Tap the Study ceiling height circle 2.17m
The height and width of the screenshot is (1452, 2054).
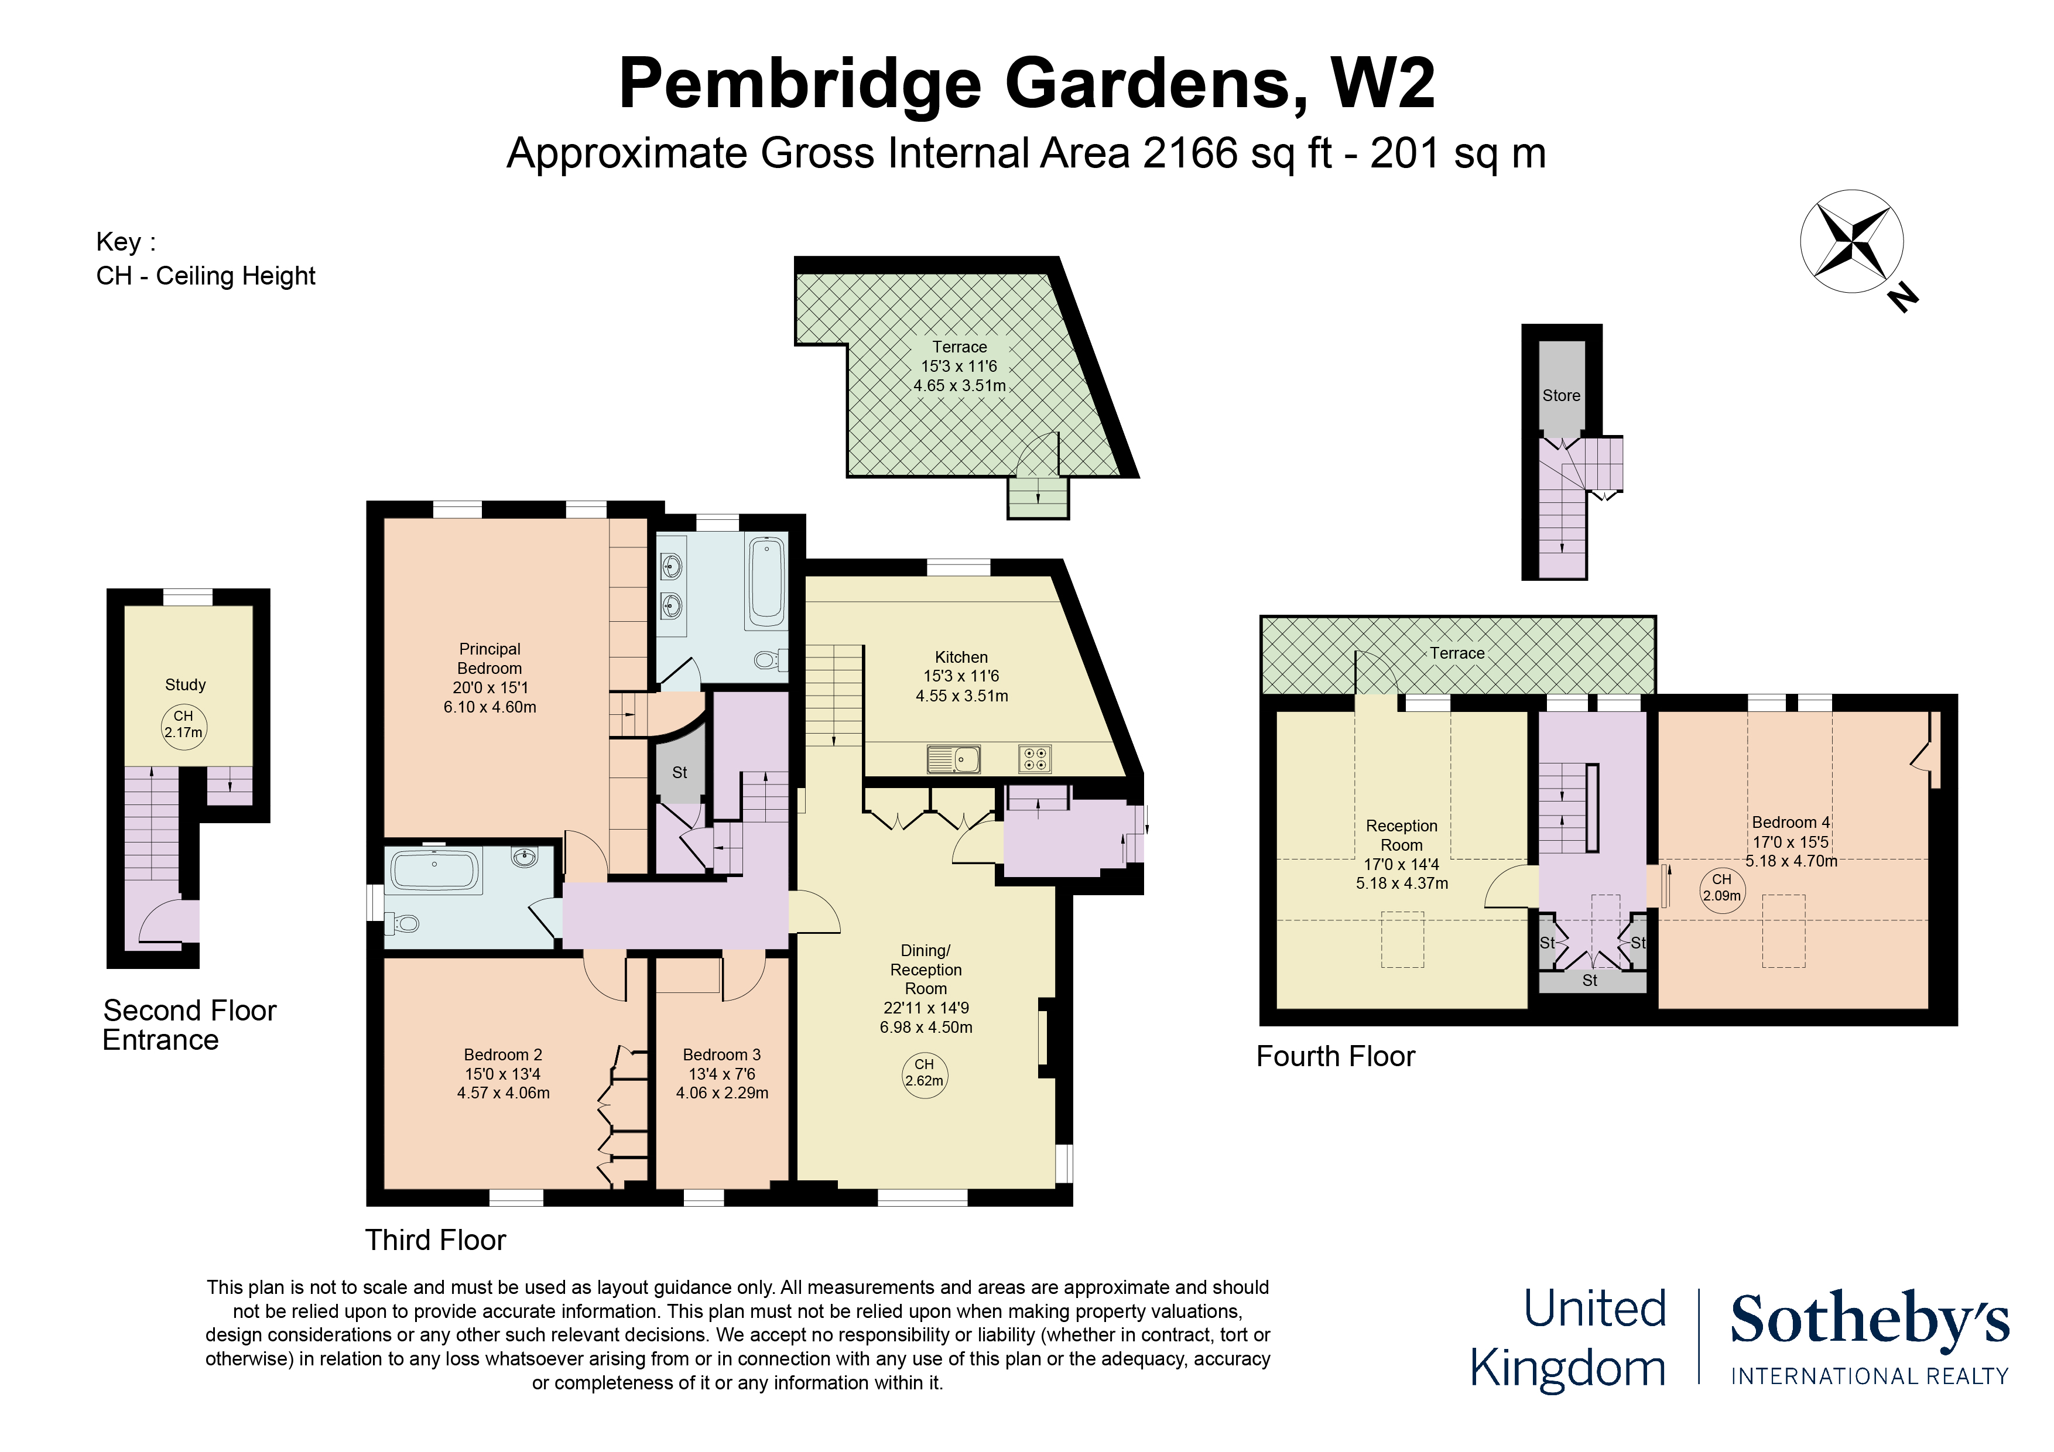(183, 725)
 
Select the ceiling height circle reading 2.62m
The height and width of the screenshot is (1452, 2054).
(924, 1073)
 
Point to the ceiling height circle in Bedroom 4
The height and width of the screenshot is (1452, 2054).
(1722, 888)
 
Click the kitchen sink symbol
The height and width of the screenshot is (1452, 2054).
(954, 759)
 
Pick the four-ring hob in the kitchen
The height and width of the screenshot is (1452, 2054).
(1034, 759)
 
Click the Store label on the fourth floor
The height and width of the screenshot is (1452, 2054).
(1561, 395)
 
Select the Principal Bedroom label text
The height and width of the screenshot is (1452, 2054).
(489, 659)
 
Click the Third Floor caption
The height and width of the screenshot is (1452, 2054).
(436, 1240)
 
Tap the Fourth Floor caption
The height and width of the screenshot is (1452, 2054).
(1336, 1057)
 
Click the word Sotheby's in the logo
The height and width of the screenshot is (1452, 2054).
(1869, 1320)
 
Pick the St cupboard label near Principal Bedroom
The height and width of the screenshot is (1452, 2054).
(680, 772)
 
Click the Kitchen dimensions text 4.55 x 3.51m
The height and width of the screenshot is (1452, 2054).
(961, 696)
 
